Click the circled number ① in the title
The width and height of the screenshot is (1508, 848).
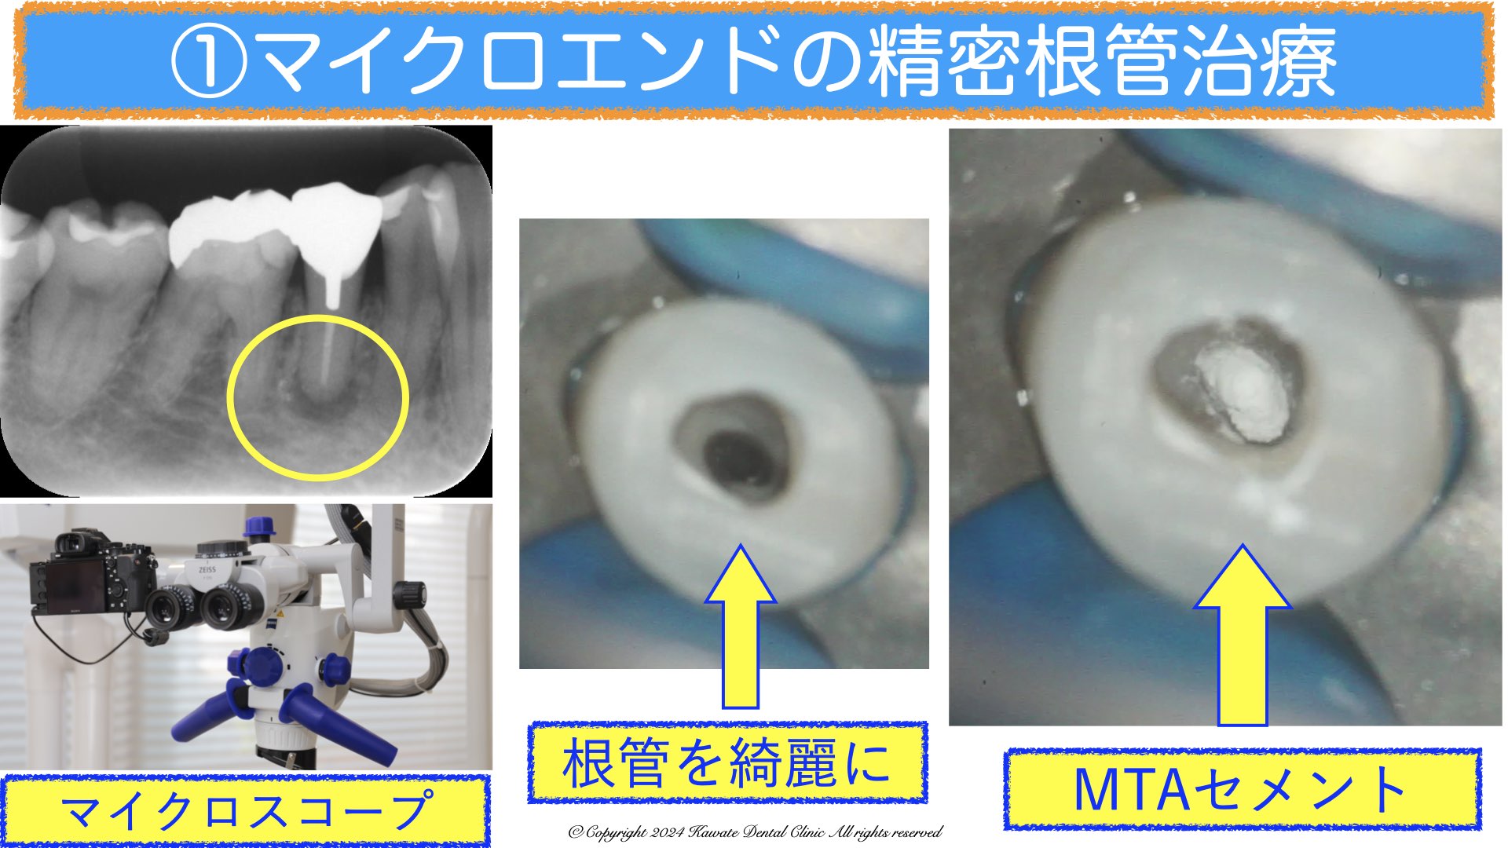pyautogui.click(x=209, y=60)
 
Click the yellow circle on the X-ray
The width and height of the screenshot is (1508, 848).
pyautogui.click(x=317, y=397)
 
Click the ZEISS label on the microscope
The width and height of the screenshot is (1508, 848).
pyautogui.click(x=207, y=569)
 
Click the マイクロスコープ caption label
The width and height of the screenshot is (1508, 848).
pyautogui.click(x=246, y=810)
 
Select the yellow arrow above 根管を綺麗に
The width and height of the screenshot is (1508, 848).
pyautogui.click(x=741, y=625)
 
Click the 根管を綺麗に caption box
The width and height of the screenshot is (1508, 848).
pyautogui.click(x=727, y=762)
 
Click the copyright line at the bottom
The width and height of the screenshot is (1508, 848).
pyautogui.click(x=755, y=832)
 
